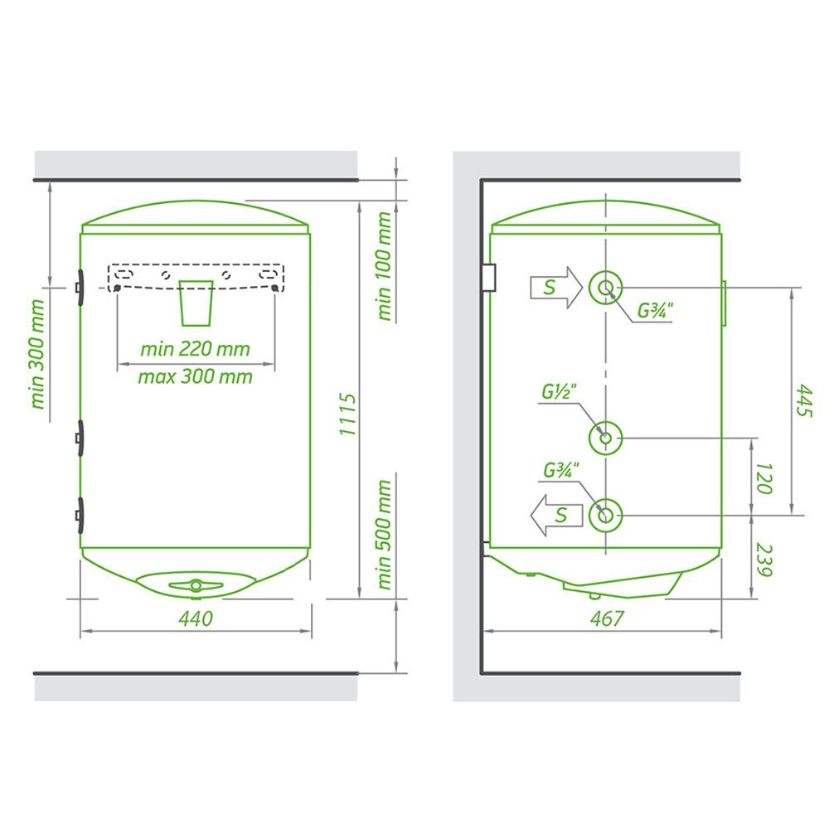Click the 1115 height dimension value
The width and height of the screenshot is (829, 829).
pyautogui.click(x=347, y=414)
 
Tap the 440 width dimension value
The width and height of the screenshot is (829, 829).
pyautogui.click(x=196, y=618)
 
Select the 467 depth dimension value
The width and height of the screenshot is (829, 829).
pyautogui.click(x=607, y=618)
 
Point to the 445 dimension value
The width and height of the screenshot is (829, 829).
pyautogui.click(x=803, y=400)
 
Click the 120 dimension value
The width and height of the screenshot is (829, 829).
pyautogui.click(x=764, y=478)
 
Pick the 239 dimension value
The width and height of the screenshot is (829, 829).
pyautogui.click(x=764, y=560)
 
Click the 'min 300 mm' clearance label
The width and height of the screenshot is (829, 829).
pyautogui.click(x=37, y=354)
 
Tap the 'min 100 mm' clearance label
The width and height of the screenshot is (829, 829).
pyautogui.click(x=385, y=266)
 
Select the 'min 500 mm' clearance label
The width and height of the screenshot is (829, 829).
pyautogui.click(x=385, y=535)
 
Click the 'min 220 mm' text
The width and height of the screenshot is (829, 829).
pyautogui.click(x=195, y=349)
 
